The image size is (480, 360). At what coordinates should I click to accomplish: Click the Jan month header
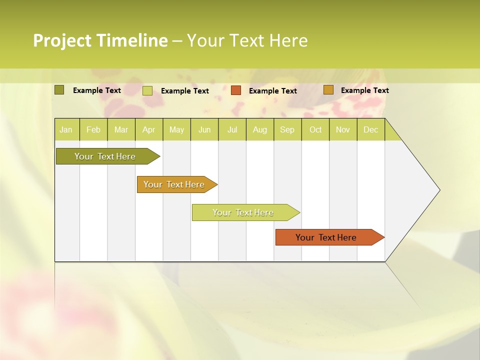tap(66, 129)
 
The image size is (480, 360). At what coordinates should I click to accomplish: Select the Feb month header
tap(93, 129)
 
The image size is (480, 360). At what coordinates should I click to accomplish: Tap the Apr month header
tap(149, 129)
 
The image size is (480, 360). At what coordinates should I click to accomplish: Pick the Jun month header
tap(204, 129)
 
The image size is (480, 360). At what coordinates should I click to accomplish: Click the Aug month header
tap(260, 129)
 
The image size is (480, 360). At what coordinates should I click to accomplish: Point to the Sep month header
tap(287, 129)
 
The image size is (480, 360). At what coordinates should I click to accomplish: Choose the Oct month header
tap(315, 129)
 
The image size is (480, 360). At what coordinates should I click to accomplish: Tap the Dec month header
tap(371, 129)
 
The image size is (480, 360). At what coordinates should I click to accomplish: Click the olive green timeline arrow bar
tap(105, 156)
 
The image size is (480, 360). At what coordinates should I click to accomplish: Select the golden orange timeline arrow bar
tap(174, 184)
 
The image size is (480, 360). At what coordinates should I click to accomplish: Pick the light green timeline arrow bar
tap(243, 212)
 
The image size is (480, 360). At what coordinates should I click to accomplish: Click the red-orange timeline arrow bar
tap(326, 237)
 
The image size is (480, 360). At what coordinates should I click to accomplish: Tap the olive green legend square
tap(59, 90)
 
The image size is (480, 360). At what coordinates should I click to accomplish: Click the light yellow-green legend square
tap(147, 90)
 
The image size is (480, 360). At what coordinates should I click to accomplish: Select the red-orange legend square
tap(235, 90)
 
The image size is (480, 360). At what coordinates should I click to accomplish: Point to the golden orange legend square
tap(328, 90)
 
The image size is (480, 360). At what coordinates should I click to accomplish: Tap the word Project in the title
tap(62, 40)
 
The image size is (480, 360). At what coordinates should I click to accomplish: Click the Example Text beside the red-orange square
tap(273, 91)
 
